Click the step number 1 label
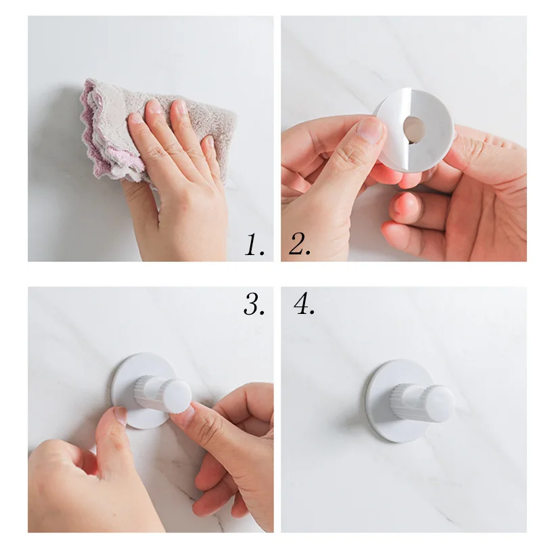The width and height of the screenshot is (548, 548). tap(254, 244)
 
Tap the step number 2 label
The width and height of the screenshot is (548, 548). tap(300, 244)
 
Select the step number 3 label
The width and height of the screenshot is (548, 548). tap(254, 304)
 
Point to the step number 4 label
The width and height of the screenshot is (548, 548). tap(304, 304)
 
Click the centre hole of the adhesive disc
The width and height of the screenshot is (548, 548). tap(414, 130)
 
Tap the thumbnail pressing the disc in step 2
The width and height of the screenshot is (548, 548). tap(371, 130)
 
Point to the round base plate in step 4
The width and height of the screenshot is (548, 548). tap(395, 402)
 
